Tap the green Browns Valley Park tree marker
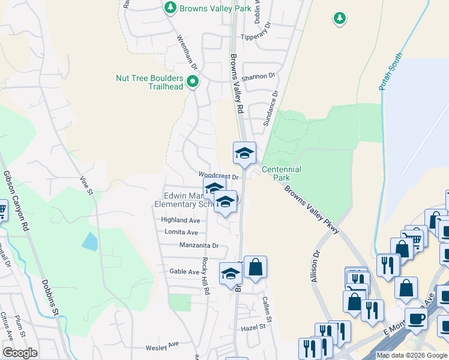(170, 8)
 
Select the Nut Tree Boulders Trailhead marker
(193, 82)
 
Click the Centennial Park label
(281, 174)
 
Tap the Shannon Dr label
(258, 76)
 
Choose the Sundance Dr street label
(271, 108)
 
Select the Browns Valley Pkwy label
(312, 210)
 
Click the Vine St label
(86, 186)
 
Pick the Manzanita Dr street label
(199, 245)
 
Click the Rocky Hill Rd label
(205, 275)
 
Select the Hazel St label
(253, 328)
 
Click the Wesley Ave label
(162, 346)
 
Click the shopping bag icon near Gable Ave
(255, 268)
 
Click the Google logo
(20, 353)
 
